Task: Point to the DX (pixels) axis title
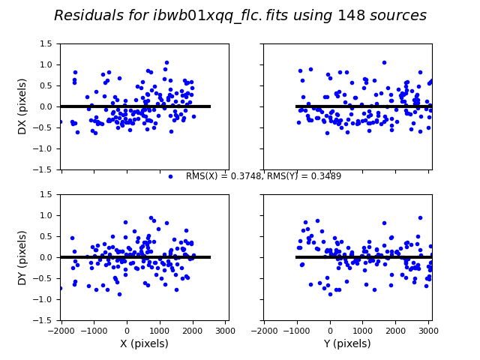[x=22, y=106]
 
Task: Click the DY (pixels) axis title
[x=22, y=257]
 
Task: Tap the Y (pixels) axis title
[x=346, y=344]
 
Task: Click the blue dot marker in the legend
[x=170, y=176]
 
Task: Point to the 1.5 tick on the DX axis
[x=46, y=44]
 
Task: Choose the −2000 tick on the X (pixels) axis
[x=60, y=330]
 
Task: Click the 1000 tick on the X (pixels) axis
[x=160, y=330]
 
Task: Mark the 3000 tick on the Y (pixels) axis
[x=428, y=330]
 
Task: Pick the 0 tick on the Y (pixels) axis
[x=330, y=330]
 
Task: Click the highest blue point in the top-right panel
[x=384, y=63]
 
